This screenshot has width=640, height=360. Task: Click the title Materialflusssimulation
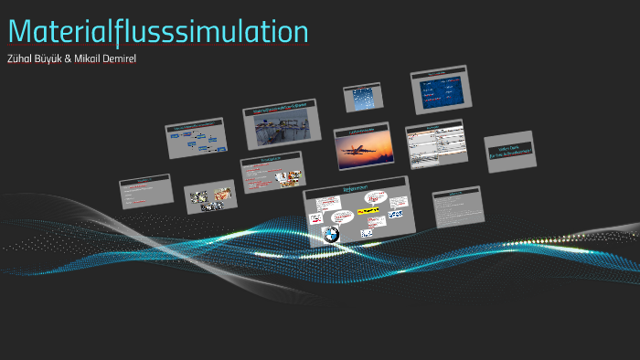pyautogui.click(x=158, y=31)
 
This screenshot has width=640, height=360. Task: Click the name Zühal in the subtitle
pyautogui.click(x=21, y=59)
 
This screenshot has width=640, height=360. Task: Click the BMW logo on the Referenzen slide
pyautogui.click(x=330, y=235)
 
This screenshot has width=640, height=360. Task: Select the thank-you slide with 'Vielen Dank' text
pyautogui.click(x=509, y=152)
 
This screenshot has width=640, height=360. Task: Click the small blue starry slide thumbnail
pyautogui.click(x=361, y=98)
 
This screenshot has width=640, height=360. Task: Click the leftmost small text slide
pyautogui.click(x=145, y=192)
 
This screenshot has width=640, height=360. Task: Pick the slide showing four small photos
pyautogui.click(x=210, y=196)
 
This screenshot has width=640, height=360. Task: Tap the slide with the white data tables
pyautogui.click(x=435, y=144)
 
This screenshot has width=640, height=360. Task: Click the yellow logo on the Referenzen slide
pyautogui.click(x=368, y=210)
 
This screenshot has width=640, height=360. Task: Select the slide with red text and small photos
pyautogui.click(x=271, y=174)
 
